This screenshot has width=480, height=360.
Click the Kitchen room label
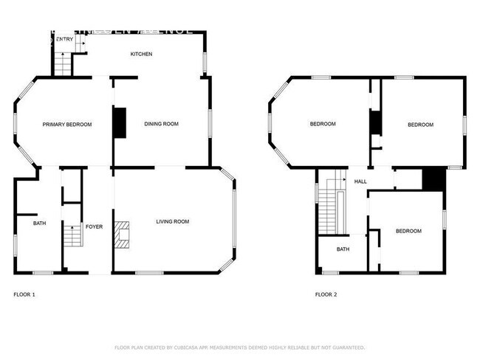pos(141,54)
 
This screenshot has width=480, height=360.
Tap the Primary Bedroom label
pos(66,125)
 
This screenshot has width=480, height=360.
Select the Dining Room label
pos(161,124)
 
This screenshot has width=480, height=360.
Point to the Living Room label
pos(172,221)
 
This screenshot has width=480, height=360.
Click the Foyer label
pos(94,226)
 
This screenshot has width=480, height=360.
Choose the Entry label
pos(64,39)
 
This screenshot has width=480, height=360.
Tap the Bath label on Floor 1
pos(39,222)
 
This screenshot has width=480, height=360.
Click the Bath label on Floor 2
pos(343,249)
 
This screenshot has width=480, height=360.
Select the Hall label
pos(360,181)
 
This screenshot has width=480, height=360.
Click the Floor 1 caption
pos(24,295)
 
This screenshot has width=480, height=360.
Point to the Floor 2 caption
pos(326,295)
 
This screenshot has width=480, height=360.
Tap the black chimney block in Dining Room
pos(119,122)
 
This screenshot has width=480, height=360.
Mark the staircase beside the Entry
pos(64,64)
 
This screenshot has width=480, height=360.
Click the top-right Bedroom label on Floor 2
pos(420,125)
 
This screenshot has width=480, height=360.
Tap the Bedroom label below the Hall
pos(408,231)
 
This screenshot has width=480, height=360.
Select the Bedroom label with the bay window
pos(322,124)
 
